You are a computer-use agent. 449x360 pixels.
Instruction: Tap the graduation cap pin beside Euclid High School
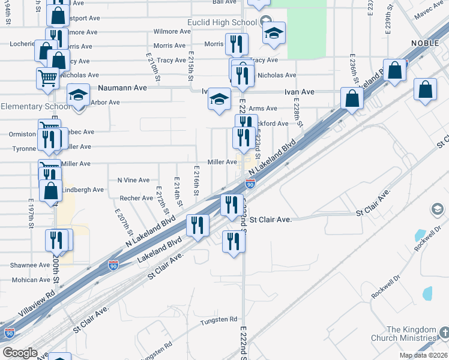(274, 34)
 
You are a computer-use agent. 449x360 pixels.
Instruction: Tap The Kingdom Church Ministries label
(411, 334)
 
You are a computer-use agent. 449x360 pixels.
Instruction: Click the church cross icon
(444, 331)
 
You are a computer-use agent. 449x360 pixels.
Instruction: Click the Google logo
(20, 353)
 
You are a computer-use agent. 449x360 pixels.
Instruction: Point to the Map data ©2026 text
(423, 355)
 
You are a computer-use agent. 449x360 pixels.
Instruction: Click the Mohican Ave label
(31, 280)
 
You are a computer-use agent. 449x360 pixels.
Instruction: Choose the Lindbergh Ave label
(83, 190)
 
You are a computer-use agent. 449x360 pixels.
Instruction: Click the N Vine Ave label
(133, 180)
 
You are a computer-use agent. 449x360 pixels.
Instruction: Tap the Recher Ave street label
(136, 198)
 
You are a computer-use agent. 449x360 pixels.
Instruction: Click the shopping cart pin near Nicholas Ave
(47, 77)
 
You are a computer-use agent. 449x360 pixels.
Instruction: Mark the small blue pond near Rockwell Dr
(427, 293)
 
